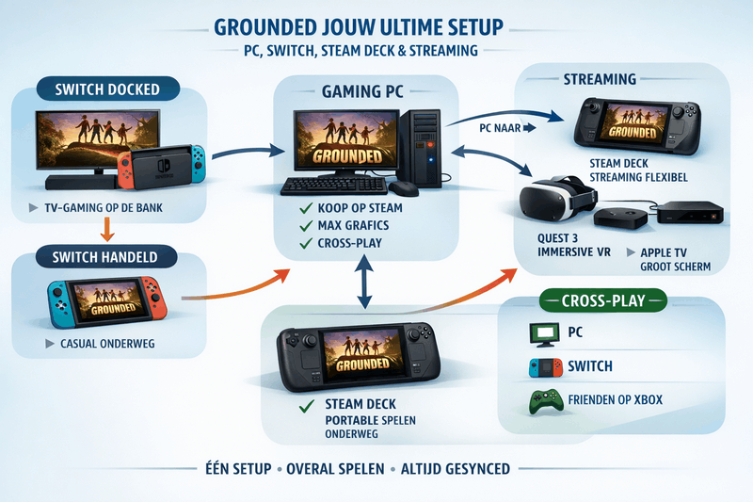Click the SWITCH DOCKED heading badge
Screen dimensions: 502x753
tap(107, 91)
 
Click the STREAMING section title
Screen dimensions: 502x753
tap(599, 79)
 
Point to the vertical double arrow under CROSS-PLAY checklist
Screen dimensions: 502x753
tap(363, 283)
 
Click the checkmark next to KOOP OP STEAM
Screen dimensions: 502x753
tap(304, 207)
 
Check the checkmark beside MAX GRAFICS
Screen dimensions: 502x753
tap(304, 226)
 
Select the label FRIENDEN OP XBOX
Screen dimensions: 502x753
tap(616, 400)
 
